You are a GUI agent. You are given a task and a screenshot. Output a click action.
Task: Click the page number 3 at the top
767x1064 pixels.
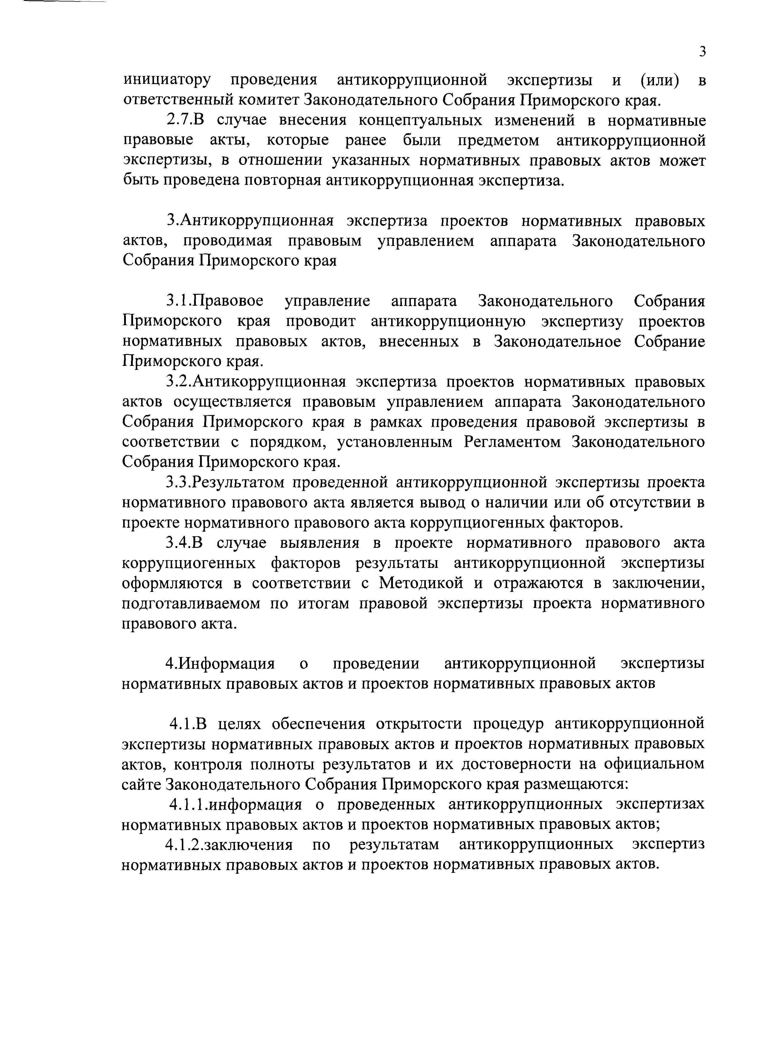point(702,51)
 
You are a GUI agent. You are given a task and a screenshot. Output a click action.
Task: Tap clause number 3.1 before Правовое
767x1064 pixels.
point(179,301)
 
